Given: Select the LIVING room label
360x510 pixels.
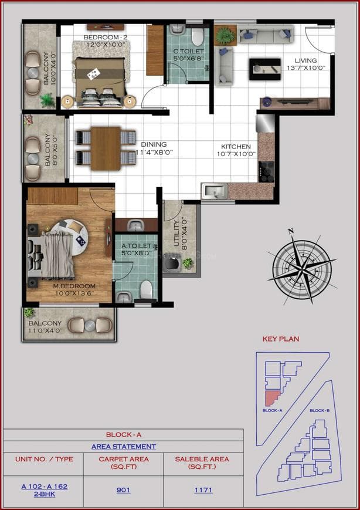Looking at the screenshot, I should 305,60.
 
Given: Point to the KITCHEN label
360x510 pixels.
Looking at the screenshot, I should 236,147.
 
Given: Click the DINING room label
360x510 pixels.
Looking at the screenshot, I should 154,144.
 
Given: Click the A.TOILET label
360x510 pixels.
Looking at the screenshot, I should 136,246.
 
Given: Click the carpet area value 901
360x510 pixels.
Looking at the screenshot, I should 123,489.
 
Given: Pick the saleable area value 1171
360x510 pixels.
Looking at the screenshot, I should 203,489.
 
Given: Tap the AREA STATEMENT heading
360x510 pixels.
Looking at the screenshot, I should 123,447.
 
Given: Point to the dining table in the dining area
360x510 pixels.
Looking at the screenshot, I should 106,148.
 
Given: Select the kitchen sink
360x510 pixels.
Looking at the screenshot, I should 215,191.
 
